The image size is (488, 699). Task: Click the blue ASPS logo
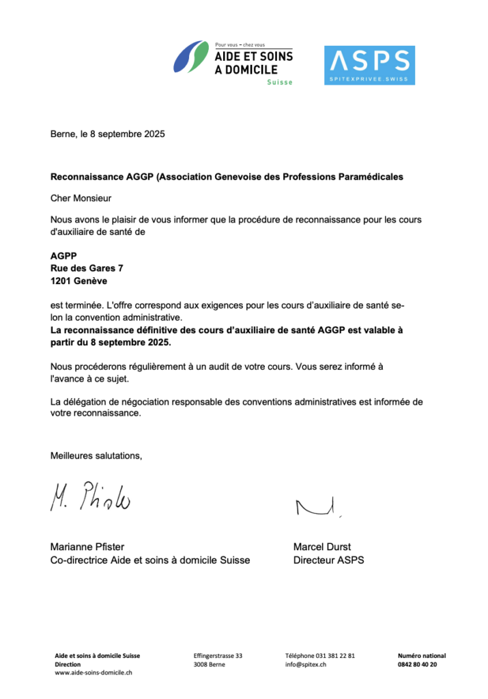coord(369,66)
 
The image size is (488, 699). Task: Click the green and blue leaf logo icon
coord(190,57)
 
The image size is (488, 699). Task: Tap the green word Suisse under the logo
coord(280,83)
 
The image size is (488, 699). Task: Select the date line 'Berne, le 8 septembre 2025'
coord(108,134)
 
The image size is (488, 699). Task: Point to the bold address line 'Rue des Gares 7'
coord(87,268)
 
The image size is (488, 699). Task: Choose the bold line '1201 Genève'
coord(78,281)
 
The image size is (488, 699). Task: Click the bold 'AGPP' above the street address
coord(63,257)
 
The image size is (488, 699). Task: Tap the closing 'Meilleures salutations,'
coord(96,456)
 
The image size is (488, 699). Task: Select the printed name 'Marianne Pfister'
coord(87,547)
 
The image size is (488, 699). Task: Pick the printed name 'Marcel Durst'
coord(322,547)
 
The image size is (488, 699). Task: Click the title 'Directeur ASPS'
coord(328,560)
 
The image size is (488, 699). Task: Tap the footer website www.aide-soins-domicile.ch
coord(94,672)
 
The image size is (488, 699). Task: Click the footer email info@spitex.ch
coord(306,664)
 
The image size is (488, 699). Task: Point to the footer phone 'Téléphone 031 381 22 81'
coord(320,656)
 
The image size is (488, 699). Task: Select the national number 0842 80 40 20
coord(417,664)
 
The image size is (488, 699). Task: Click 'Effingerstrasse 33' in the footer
coord(218,656)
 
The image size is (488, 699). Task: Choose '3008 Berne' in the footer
coord(209,664)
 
